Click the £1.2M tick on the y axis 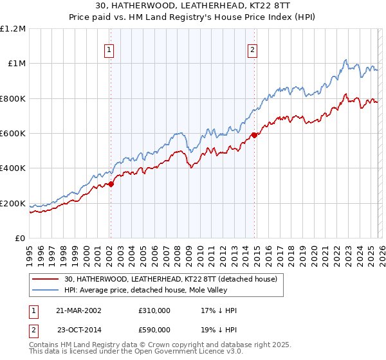click(13, 28)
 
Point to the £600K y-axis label click(13, 134)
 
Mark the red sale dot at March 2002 click(111, 184)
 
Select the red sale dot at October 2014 click(254, 135)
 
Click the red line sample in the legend click(46, 279)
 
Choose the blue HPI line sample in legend click(46, 290)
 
